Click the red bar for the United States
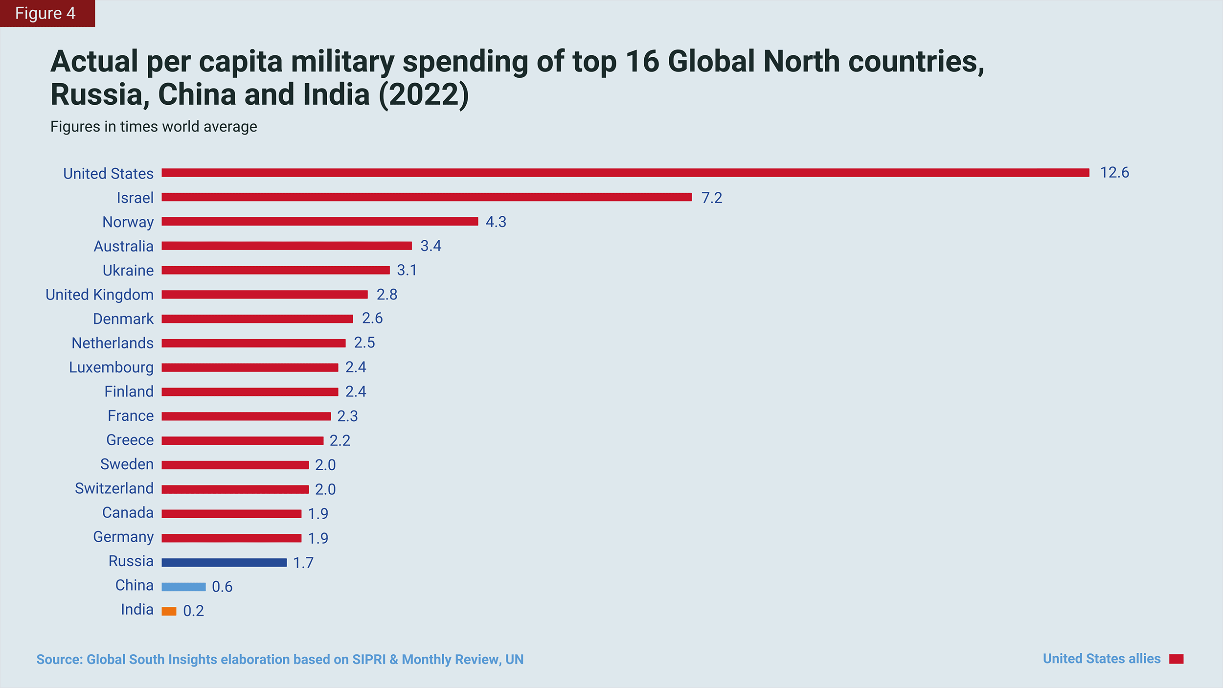(x=625, y=173)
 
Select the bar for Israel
(x=427, y=197)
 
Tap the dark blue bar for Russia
(x=224, y=563)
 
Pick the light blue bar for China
(x=183, y=587)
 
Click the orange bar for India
(x=169, y=611)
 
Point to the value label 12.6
(x=1114, y=173)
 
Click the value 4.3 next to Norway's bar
(x=496, y=222)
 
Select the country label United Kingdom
(x=99, y=295)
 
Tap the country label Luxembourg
(x=111, y=367)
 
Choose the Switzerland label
(x=114, y=488)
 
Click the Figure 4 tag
(x=45, y=13)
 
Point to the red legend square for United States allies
(x=1176, y=659)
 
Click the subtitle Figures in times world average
(x=154, y=127)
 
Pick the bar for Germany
(x=231, y=538)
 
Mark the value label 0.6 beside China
(x=222, y=587)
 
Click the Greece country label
(x=130, y=440)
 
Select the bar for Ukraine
(x=275, y=270)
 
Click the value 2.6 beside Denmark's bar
(x=372, y=319)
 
